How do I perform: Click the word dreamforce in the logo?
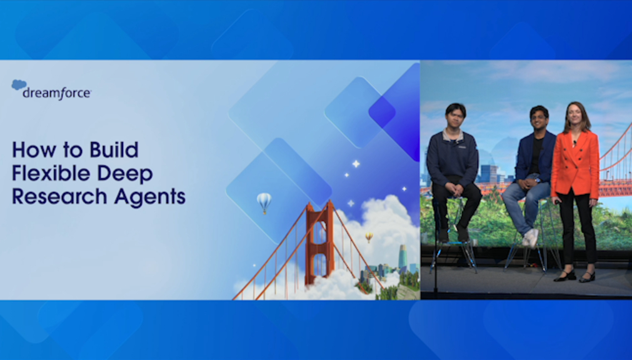pyautogui.click(x=57, y=94)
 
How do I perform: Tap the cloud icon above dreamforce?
pyautogui.click(x=19, y=84)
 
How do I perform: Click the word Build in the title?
pyautogui.click(x=114, y=149)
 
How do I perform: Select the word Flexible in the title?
pyautogui.click(x=51, y=173)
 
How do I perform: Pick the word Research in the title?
pyautogui.click(x=59, y=196)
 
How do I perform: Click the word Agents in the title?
pyautogui.click(x=150, y=197)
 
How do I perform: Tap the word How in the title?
pyautogui.click(x=34, y=149)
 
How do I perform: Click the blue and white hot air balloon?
pyautogui.click(x=264, y=202)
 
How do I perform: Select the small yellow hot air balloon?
pyautogui.click(x=369, y=237)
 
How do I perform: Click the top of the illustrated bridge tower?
pyautogui.click(x=319, y=204)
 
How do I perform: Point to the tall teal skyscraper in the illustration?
pyautogui.click(x=403, y=257)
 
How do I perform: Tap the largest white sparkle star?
pyautogui.click(x=356, y=164)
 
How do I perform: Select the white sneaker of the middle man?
pyautogui.click(x=531, y=238)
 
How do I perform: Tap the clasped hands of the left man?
pyautogui.click(x=454, y=188)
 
